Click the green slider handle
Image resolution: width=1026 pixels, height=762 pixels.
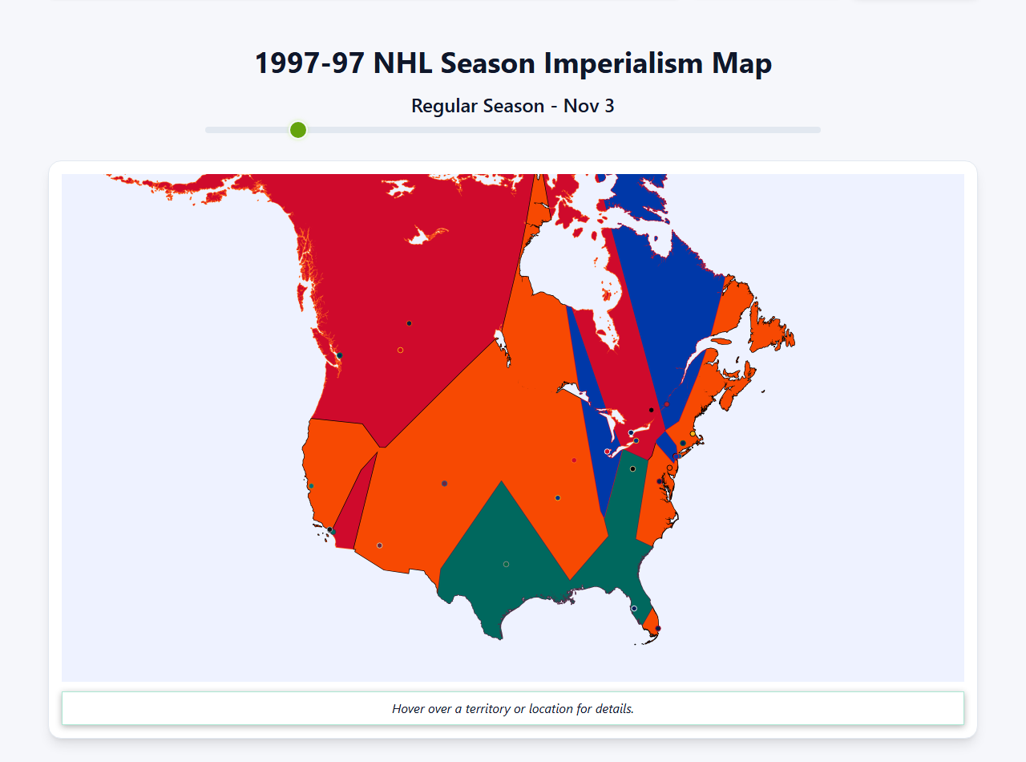pyautogui.click(x=298, y=130)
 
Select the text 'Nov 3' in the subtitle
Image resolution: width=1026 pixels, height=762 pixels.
pyautogui.click(x=589, y=106)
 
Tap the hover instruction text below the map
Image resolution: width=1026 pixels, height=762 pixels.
pyautogui.click(x=513, y=709)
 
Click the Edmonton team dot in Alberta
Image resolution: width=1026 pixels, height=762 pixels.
pyautogui.click(x=409, y=323)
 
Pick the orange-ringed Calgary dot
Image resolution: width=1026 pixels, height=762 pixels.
pyautogui.click(x=400, y=350)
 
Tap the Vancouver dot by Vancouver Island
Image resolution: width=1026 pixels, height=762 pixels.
pyautogui.click(x=340, y=355)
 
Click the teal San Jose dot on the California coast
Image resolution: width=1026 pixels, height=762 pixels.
pyautogui.click(x=311, y=486)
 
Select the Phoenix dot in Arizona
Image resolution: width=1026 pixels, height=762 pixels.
pyautogui.click(x=379, y=545)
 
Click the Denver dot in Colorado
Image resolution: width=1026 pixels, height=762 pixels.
pyautogui.click(x=444, y=484)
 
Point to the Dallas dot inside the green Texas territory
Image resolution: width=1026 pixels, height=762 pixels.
pyautogui.click(x=506, y=564)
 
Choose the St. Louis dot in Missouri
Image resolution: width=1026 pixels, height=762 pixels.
pyautogui.click(x=557, y=498)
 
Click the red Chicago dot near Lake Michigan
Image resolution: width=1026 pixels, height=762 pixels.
pyautogui.click(x=574, y=460)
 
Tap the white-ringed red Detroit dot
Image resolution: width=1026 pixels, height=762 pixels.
pyautogui.click(x=607, y=452)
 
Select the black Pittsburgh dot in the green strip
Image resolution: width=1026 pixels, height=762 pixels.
pyautogui.click(x=632, y=468)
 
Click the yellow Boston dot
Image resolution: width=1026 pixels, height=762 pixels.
pyautogui.click(x=693, y=433)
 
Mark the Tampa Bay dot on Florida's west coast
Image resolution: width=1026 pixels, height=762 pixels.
pyautogui.click(x=634, y=608)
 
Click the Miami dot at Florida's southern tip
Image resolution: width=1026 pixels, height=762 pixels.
pyautogui.click(x=658, y=629)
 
